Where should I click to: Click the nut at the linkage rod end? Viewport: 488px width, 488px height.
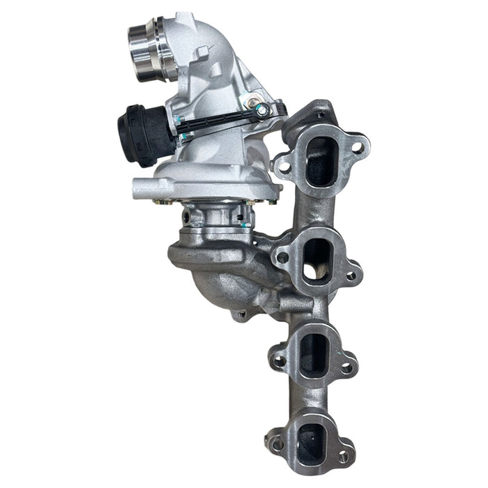(x=261, y=109)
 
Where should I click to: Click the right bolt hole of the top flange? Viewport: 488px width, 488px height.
(x=357, y=147)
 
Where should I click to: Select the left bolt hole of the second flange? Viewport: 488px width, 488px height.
(x=282, y=257)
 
